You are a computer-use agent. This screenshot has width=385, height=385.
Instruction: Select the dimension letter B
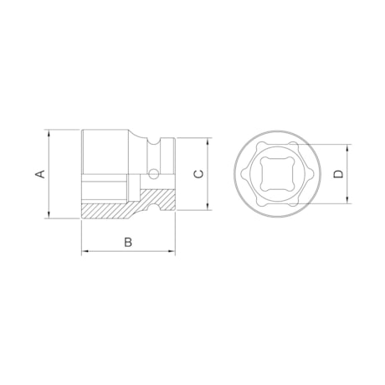[128, 242]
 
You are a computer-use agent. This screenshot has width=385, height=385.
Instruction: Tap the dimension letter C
[198, 174]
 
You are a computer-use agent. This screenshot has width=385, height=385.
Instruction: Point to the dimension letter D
[337, 174]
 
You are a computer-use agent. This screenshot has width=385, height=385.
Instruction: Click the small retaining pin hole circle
[153, 174]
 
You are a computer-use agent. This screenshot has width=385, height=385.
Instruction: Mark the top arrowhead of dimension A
[50, 132]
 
